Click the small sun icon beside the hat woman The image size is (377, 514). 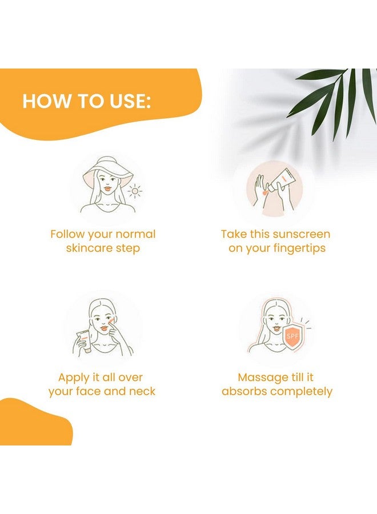[135, 191]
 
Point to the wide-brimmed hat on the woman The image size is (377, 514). [107, 174]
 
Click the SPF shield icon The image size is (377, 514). [293, 336]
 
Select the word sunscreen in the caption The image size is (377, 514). [301, 234]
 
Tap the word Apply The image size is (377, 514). [74, 378]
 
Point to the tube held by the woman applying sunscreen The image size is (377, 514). [84, 342]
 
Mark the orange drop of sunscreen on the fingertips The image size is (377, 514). [265, 192]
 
